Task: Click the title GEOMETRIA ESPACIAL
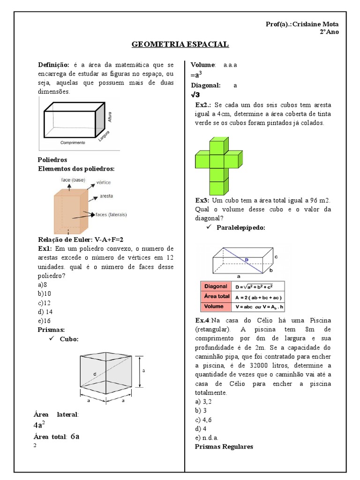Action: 180,45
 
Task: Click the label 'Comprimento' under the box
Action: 72,142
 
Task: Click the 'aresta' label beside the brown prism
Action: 106,196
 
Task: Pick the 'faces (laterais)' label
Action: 111,215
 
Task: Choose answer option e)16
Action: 44,320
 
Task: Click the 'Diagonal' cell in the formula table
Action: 216,286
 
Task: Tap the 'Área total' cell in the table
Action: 216,296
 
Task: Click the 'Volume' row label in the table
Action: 214,307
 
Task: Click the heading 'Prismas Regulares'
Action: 224,446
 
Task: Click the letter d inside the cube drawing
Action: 95,374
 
